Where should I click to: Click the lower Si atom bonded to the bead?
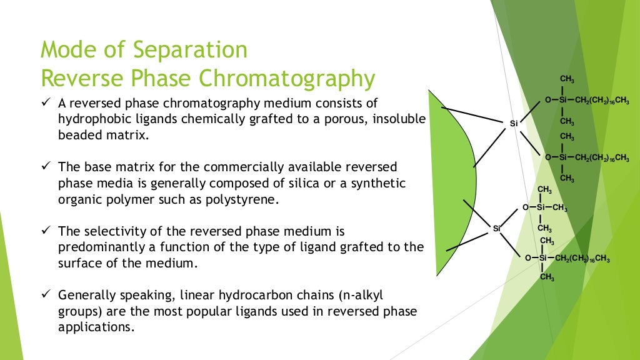coord(497,228)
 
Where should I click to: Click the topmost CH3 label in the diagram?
coord(567,79)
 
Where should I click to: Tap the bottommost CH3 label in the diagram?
coord(547,277)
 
